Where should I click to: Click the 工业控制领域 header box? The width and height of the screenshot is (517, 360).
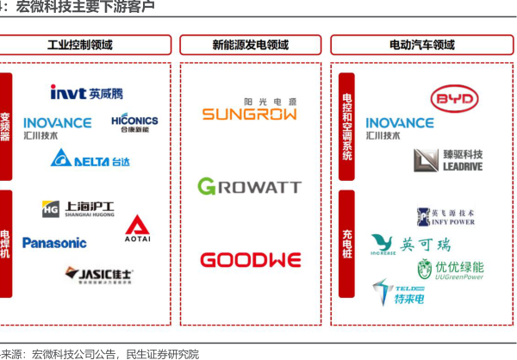[80, 45]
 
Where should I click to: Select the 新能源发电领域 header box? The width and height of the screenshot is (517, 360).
[250, 45]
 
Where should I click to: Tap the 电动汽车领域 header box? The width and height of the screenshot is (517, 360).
[422, 45]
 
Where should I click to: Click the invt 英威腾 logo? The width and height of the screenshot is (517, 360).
[86, 92]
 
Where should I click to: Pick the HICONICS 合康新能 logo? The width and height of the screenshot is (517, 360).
[134, 123]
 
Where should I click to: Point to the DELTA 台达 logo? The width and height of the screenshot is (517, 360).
[90, 158]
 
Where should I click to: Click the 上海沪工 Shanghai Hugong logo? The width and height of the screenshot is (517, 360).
[78, 209]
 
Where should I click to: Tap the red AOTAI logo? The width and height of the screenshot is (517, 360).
[137, 227]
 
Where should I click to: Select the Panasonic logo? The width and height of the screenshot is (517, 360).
[54, 243]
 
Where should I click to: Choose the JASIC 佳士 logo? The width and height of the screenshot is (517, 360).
[100, 275]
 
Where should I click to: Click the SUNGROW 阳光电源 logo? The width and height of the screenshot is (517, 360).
[250, 110]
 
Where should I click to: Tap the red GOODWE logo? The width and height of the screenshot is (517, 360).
[250, 260]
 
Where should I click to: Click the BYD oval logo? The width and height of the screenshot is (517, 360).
[453, 101]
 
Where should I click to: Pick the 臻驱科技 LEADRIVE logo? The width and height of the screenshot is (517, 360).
[448, 160]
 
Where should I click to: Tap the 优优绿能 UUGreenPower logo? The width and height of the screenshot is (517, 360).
[450, 270]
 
